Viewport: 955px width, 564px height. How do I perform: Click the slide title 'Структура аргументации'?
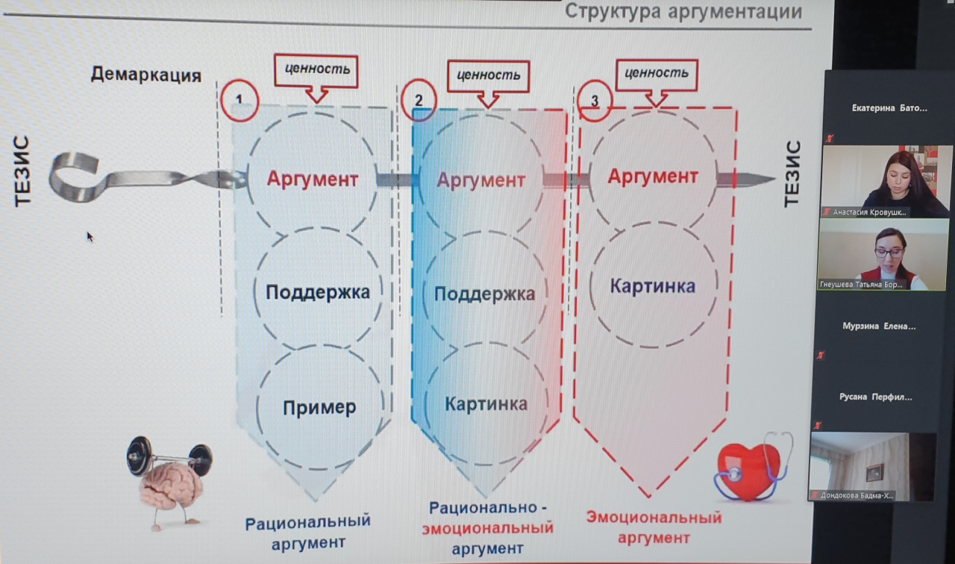click(683, 13)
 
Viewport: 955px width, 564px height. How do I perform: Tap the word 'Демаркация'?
click(146, 75)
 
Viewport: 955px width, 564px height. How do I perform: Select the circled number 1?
click(239, 100)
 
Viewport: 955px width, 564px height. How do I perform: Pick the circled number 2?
click(419, 100)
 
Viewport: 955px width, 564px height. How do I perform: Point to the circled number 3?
click(595, 100)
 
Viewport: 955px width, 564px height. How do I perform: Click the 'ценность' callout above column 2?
click(488, 75)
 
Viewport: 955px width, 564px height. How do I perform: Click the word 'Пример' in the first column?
click(319, 407)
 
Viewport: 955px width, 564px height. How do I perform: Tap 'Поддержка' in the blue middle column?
click(484, 294)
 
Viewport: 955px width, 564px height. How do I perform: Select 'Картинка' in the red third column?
click(652, 286)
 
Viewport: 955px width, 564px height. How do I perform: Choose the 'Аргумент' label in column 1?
click(313, 180)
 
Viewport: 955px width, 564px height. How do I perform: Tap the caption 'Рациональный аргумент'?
click(308, 532)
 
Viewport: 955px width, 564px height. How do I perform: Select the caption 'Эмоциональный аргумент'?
click(654, 527)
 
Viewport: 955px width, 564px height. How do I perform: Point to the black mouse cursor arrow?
click(90, 237)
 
